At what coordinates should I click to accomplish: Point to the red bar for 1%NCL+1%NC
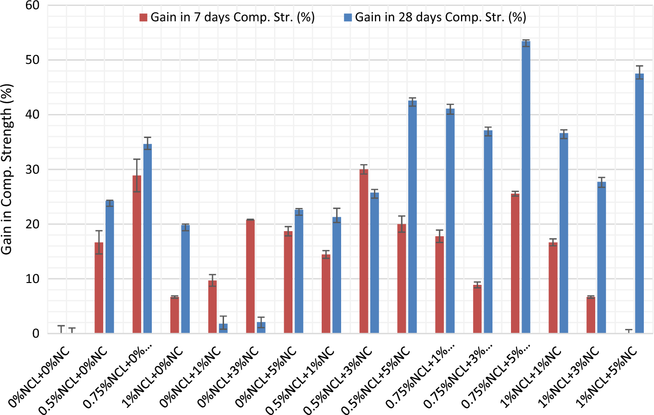pos(553,288)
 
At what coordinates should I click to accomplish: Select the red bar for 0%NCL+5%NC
pos(288,282)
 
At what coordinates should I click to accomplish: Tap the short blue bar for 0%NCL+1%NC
pos(223,328)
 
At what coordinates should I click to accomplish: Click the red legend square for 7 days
pos(143,18)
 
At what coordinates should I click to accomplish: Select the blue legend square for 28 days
pos(348,18)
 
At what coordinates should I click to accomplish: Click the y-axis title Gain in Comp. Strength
pos(6,170)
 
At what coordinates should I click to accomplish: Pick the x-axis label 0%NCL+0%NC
pos(39,377)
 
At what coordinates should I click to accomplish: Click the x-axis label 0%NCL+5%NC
pos(266,377)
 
